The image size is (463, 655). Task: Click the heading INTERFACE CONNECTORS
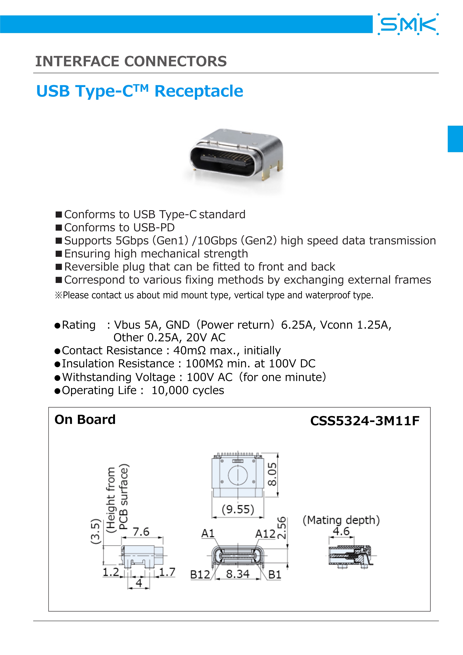131,61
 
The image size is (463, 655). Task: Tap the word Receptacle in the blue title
199,91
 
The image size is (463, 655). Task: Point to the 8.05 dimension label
272,474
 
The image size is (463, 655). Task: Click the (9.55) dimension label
238,509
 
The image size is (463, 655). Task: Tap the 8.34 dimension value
238,574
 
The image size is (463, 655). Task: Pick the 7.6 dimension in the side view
141,532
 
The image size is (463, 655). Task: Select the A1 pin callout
208,533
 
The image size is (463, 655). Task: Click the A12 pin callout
265,533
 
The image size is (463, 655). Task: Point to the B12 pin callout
200,575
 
